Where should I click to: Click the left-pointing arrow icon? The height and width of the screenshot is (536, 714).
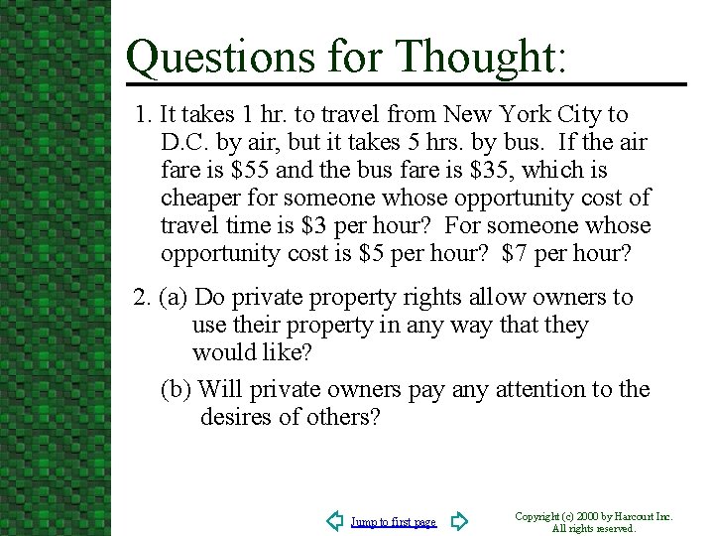coord(335,521)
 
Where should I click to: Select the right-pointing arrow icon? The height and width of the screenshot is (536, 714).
coord(459,521)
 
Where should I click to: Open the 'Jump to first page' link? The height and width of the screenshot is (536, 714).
coord(394,522)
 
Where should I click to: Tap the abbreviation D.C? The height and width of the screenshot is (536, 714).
coord(182,143)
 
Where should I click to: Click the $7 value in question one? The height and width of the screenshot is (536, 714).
coord(516,254)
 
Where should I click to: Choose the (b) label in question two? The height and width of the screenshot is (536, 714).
coord(178,389)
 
